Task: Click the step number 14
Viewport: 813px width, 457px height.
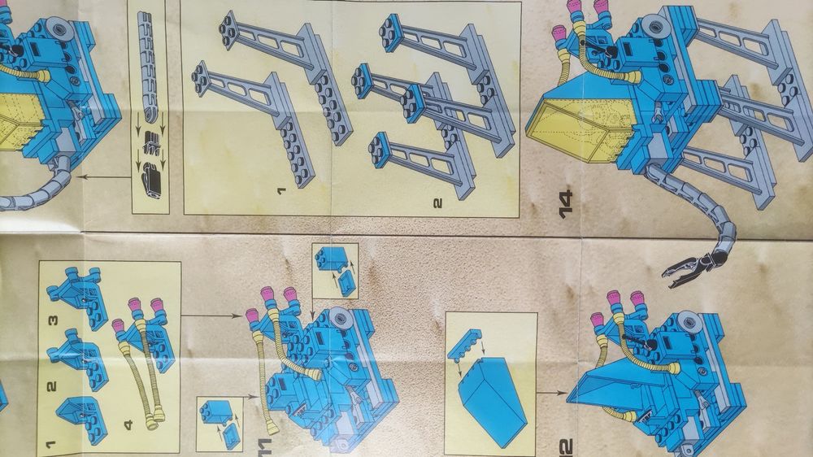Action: coord(566,204)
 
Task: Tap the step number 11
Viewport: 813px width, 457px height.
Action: coord(264,447)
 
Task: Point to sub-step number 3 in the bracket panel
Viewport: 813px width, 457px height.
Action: coord(53,320)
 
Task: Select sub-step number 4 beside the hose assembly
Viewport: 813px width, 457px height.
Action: coord(128,424)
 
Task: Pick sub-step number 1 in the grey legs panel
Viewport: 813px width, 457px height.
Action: coord(281,191)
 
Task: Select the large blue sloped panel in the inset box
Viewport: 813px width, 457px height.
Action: coord(493,399)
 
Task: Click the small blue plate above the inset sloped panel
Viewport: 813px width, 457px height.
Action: coord(465,344)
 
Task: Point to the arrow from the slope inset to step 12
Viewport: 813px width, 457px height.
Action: coord(552,394)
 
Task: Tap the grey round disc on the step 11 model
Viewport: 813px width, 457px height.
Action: coord(339,317)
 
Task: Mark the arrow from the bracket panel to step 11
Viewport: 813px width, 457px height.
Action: coord(211,315)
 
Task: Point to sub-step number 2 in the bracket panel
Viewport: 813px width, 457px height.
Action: coord(52,386)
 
